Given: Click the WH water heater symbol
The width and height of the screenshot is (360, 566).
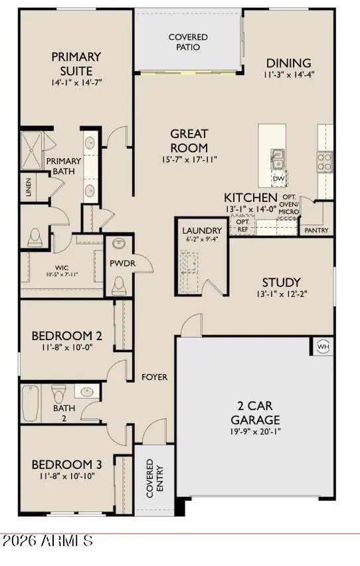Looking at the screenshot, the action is [323, 347].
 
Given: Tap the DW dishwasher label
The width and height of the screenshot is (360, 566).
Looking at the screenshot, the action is [278, 179].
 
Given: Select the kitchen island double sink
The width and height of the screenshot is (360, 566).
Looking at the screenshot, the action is [278, 159].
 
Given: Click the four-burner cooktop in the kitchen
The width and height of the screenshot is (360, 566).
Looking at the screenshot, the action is [325, 161].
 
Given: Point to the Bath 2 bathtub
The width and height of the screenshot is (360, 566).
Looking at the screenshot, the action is [31, 403].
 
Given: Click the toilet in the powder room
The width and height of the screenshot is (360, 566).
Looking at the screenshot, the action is [119, 286].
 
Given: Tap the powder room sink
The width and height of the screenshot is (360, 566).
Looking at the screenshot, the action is [119, 243].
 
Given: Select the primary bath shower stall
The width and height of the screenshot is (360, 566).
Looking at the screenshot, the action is [32, 151].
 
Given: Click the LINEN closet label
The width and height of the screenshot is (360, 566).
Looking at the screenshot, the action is [29, 186].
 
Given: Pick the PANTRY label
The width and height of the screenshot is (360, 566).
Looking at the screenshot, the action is [317, 231].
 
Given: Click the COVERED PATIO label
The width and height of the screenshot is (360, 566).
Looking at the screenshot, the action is [188, 42].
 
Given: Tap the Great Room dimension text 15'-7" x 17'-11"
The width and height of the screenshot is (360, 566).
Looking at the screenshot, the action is [189, 159].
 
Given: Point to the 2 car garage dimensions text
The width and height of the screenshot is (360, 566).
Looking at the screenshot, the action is [255, 431].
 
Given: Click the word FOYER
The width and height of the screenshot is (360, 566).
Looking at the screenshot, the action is [155, 377].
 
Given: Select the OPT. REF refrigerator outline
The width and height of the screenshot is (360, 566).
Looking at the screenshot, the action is [243, 225].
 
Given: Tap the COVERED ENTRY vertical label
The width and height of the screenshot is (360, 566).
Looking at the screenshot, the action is [155, 478].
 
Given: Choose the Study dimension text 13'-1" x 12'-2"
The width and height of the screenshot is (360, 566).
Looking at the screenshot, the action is [282, 294].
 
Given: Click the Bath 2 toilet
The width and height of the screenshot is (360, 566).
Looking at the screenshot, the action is [59, 393].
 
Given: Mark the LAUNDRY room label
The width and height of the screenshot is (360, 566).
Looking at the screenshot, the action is [202, 231].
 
